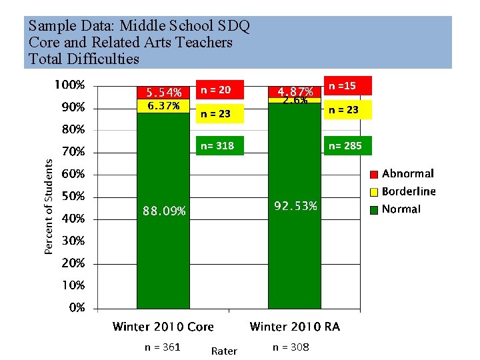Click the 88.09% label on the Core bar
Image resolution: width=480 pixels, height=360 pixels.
pyautogui.click(x=163, y=211)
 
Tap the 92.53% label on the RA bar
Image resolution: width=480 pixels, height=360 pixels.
pyautogui.click(x=295, y=206)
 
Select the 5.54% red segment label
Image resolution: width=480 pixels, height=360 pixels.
pyautogui.click(x=163, y=93)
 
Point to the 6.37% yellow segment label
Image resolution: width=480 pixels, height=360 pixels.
pyautogui.click(x=163, y=106)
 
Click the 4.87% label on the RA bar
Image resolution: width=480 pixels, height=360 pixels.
pyautogui.click(x=295, y=91)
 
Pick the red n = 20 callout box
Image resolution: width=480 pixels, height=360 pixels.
pyautogui.click(x=215, y=89)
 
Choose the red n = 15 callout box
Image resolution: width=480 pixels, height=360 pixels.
pyautogui.click(x=346, y=85)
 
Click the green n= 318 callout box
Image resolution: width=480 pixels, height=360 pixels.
pyautogui.click(x=215, y=145)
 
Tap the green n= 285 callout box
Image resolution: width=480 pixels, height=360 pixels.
pyautogui.click(x=346, y=145)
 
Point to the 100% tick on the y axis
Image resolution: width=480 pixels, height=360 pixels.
pyautogui.click(x=69, y=85)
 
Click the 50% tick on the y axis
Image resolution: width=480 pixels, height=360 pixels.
pyautogui.click(x=73, y=197)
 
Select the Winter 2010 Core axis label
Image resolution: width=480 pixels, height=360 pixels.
pyautogui.click(x=163, y=327)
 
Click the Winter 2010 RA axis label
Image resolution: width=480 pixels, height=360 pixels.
pyautogui.click(x=295, y=327)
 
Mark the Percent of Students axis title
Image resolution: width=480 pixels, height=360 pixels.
pyautogui.click(x=49, y=205)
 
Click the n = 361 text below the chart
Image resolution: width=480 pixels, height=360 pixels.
pyautogui.click(x=163, y=347)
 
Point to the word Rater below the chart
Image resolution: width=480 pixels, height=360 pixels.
pyautogui.click(x=224, y=351)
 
